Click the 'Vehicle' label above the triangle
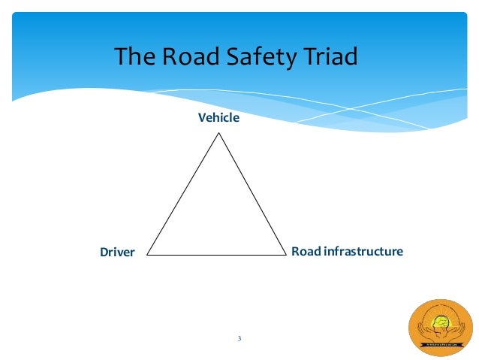tap(218, 117)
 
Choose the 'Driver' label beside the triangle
tap(117, 253)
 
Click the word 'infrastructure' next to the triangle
tap(363, 251)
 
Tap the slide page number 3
tap(239, 339)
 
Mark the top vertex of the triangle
tap(218, 134)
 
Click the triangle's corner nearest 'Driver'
tap(148, 254)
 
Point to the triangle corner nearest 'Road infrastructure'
tap(288, 254)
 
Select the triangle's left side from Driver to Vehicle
tap(183, 194)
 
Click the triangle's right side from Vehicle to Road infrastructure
tap(253, 194)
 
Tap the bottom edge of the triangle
tap(218, 254)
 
